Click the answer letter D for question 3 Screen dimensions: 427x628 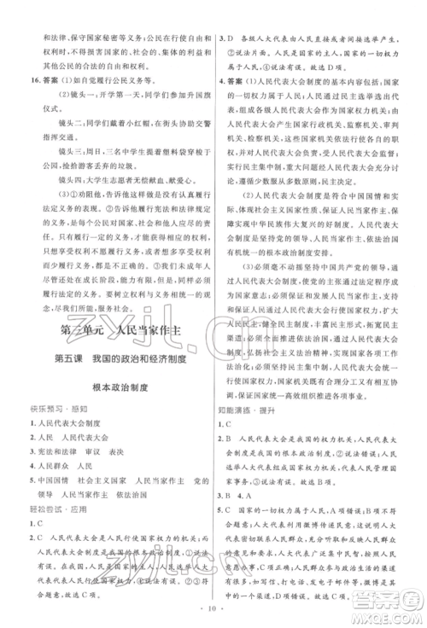point(231,38)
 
